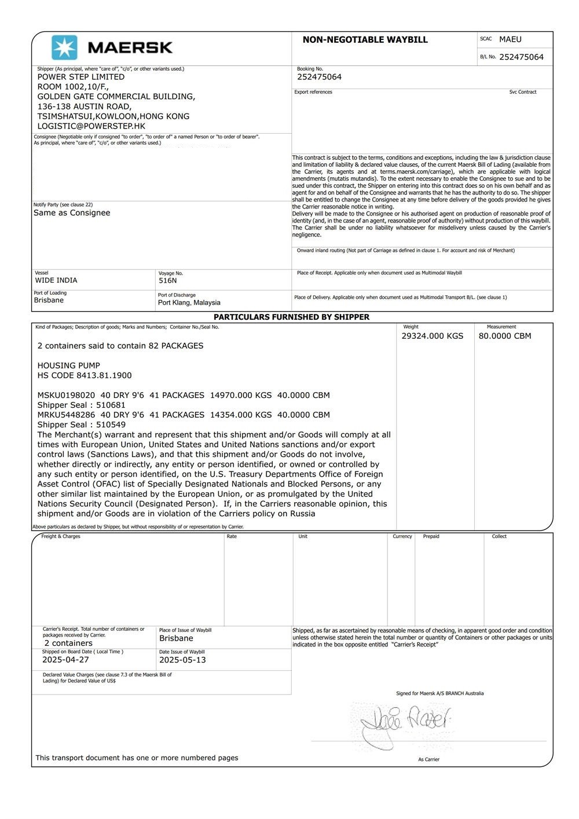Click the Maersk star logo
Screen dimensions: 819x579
point(64,47)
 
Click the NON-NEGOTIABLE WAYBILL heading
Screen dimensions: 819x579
point(365,40)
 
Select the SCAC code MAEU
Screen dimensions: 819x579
point(510,39)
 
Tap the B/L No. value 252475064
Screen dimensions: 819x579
point(521,57)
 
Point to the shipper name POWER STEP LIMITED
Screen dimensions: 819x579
point(81,76)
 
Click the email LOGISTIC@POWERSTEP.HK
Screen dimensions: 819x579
point(91,126)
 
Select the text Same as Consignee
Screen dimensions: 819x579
point(72,213)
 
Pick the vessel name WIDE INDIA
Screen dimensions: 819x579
point(56,280)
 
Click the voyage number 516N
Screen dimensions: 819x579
point(168,280)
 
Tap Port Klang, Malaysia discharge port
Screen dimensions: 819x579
point(189,302)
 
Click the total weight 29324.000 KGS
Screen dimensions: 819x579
point(433,336)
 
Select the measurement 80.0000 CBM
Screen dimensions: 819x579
point(505,336)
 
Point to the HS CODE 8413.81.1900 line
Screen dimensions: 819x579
point(85,375)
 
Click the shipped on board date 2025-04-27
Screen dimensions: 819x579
point(65,660)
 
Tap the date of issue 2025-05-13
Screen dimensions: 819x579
point(182,660)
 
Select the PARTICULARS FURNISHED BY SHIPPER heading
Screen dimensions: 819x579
point(291,317)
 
